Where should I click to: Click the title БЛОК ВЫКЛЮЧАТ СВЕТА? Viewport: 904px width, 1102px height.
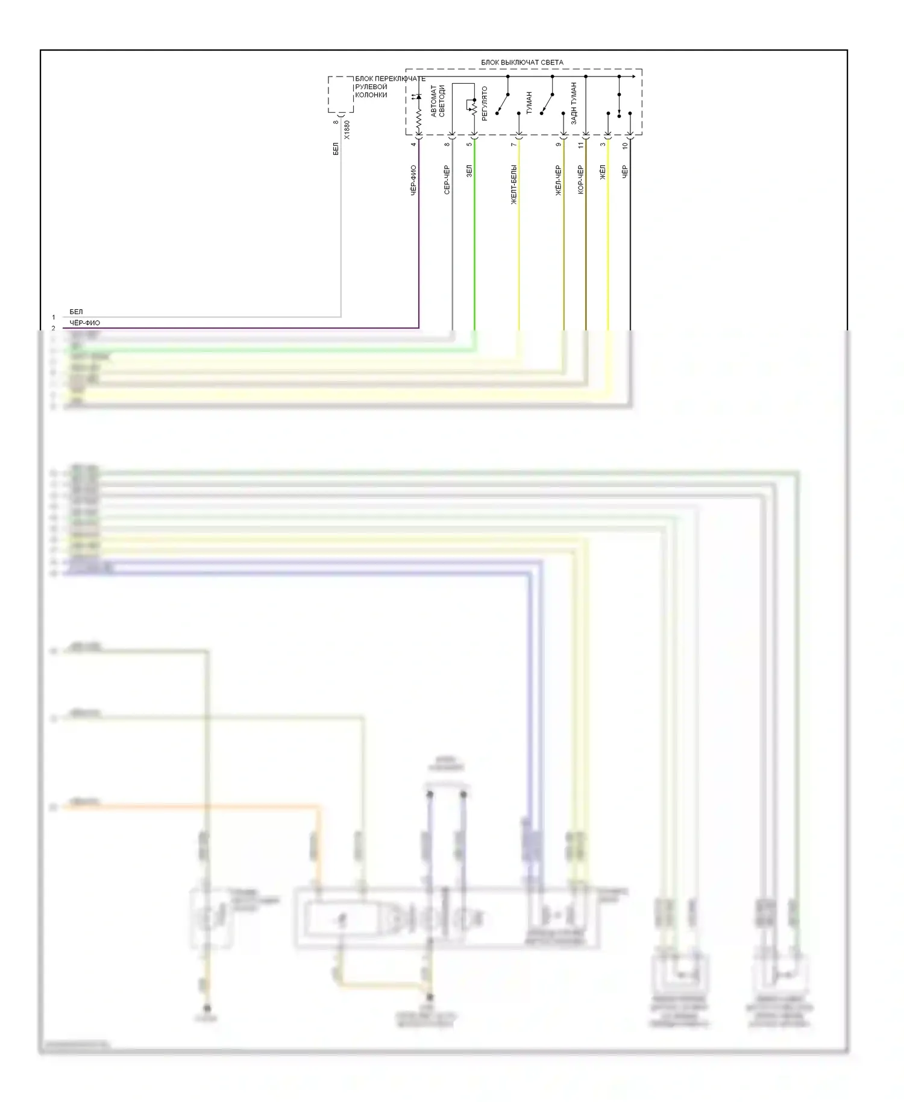click(x=522, y=62)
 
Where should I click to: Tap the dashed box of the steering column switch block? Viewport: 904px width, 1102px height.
click(x=341, y=94)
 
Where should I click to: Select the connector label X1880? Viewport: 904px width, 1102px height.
click(x=347, y=130)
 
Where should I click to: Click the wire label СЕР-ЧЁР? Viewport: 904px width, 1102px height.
click(x=447, y=180)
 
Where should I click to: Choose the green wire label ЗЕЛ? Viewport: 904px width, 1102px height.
click(x=469, y=171)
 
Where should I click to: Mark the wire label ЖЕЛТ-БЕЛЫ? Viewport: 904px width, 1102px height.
click(x=513, y=184)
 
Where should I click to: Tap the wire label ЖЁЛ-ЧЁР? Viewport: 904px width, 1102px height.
click(x=558, y=180)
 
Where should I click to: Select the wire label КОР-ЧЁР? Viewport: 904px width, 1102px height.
click(x=580, y=180)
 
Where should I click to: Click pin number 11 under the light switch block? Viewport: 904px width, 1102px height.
click(x=581, y=145)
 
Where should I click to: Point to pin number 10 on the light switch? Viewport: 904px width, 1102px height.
click(x=625, y=145)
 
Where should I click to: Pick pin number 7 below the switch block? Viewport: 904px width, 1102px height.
click(x=513, y=145)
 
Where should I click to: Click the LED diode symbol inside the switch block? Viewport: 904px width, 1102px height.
click(x=419, y=97)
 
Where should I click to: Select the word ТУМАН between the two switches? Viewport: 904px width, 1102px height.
click(x=529, y=102)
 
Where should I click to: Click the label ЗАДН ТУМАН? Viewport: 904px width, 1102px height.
click(x=574, y=103)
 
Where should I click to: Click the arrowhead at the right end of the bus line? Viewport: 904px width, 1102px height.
click(x=633, y=77)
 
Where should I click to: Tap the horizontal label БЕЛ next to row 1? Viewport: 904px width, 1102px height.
click(x=76, y=312)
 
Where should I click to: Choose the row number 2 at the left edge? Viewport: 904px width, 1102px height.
click(x=53, y=328)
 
